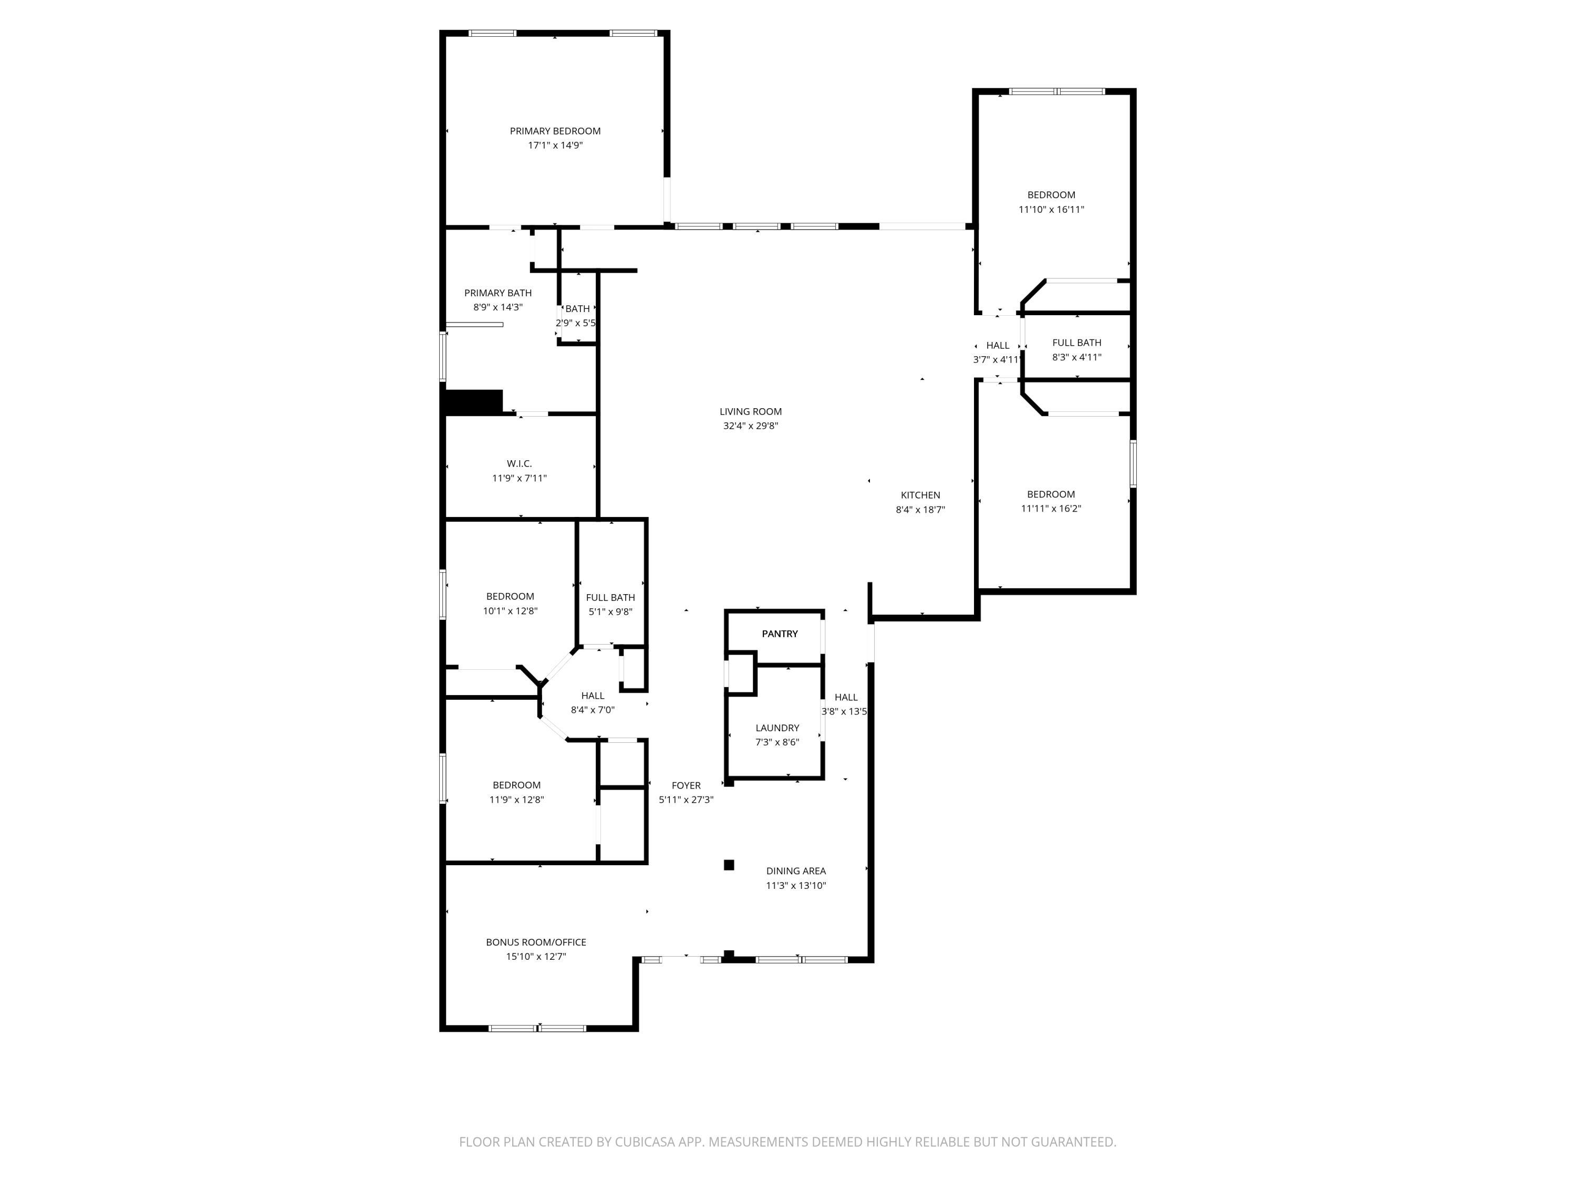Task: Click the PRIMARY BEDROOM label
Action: [555, 131]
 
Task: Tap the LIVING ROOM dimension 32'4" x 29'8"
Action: [750, 426]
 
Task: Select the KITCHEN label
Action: [920, 495]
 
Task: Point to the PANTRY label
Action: [780, 634]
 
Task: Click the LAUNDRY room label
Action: [776, 728]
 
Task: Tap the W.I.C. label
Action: [520, 464]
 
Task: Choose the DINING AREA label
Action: [796, 870]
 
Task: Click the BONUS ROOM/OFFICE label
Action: [536, 942]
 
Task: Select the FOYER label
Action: [686, 785]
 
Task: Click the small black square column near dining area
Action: [729, 865]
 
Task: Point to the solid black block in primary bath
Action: [473, 401]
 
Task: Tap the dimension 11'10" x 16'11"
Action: [1051, 210]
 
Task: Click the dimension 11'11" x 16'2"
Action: [1051, 509]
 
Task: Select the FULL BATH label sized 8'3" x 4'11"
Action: [1076, 343]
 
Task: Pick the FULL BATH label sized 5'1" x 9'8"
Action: [610, 598]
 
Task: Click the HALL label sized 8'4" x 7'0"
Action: [592, 696]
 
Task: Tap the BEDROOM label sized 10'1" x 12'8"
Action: [510, 596]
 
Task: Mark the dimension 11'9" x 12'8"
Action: [516, 800]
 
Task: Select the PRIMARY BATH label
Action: [498, 293]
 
